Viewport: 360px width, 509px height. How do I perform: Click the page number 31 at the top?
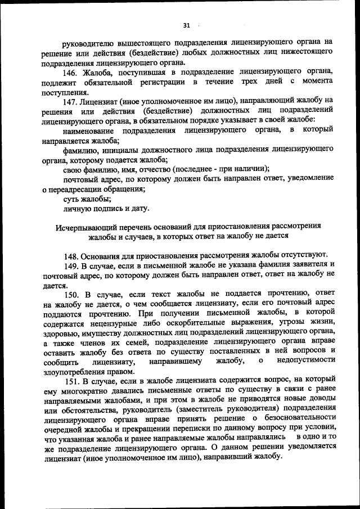[x=187, y=25]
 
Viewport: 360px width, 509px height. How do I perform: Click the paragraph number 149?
[x=71, y=264]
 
